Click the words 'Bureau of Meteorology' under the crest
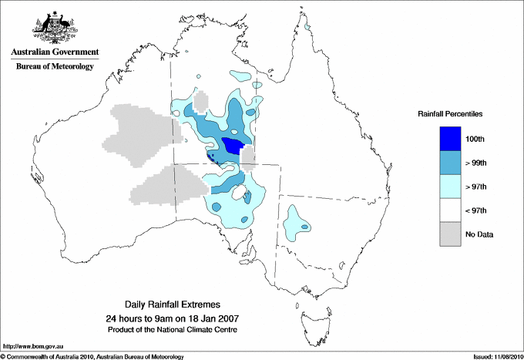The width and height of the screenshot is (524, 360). click(54, 67)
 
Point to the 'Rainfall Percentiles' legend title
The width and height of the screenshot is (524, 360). click(450, 113)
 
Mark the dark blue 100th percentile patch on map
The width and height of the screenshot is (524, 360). click(233, 145)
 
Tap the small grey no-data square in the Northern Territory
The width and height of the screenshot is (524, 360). click(201, 102)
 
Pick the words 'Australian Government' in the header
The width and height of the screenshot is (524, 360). click(54, 52)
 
